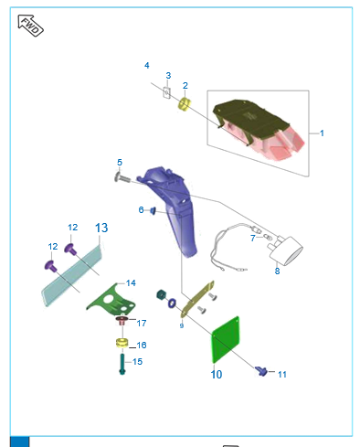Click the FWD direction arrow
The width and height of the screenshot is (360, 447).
coord(30,26)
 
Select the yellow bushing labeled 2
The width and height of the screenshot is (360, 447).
coord(184,104)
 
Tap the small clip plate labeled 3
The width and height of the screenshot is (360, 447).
coord(167,92)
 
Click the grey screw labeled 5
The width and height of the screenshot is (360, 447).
coord(122,177)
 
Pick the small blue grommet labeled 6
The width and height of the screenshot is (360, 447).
coord(153,210)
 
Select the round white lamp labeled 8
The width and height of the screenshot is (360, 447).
coord(286,250)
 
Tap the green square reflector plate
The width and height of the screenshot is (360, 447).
coord(226,339)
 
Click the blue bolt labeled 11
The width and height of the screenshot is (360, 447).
coord(261,371)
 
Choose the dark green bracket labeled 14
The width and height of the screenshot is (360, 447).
coord(111,301)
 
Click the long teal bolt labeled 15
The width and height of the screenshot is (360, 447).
coord(122,364)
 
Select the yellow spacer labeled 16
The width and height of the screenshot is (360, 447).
coord(122,343)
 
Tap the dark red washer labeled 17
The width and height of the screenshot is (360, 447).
coord(122,320)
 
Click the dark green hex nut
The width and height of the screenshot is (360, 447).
coord(161,294)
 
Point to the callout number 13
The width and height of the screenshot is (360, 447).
coord(101,228)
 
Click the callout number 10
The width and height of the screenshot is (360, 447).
coord(217,374)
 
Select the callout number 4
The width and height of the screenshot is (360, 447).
coord(147,65)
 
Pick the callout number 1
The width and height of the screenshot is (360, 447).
coord(322,133)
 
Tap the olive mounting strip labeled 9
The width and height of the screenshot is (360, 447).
coord(197,299)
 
